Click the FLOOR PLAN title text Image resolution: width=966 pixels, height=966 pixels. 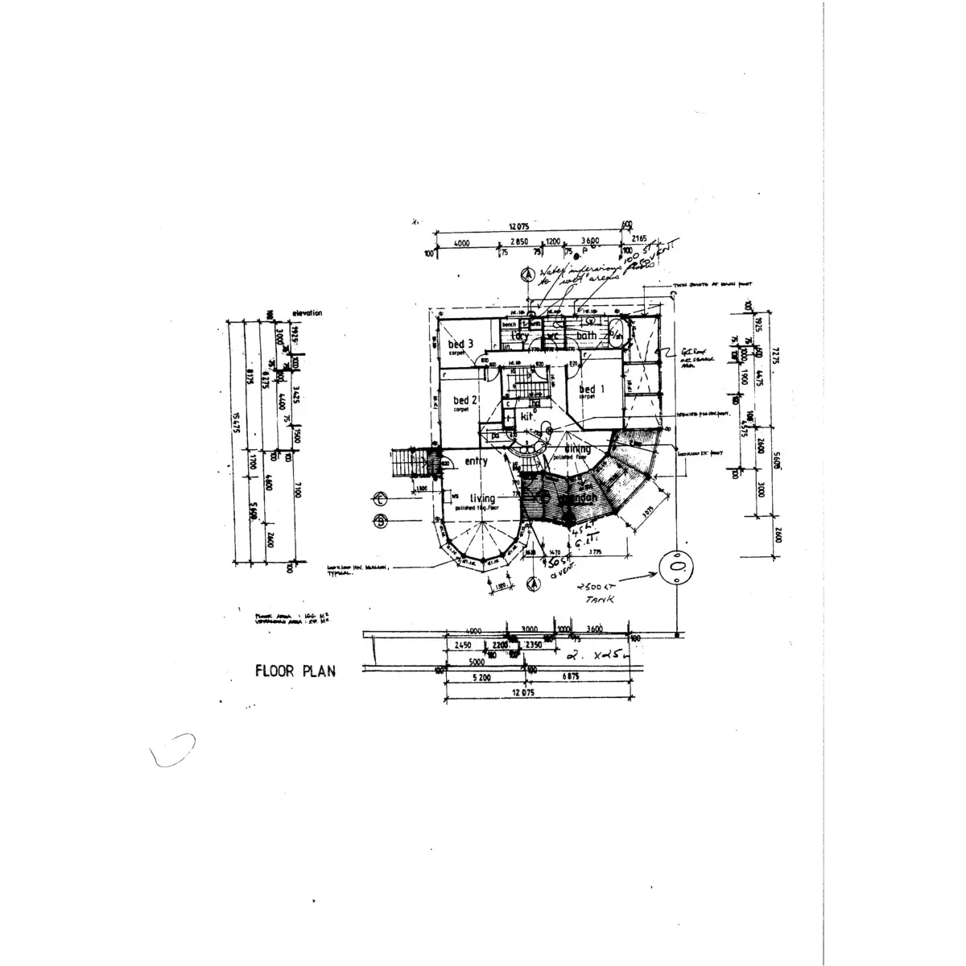pos(295,671)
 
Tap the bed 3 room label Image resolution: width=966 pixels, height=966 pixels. pos(459,345)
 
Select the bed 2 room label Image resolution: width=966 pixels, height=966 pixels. pos(464,400)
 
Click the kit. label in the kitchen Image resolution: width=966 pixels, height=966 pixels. pos(528,417)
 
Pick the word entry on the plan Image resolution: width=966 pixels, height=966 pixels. pos(476,461)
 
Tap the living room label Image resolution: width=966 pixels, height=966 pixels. pos(482,499)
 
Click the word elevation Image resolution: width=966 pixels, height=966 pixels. pos(307,312)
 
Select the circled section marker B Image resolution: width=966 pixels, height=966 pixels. pos(382,521)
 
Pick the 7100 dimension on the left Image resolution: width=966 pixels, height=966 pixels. pos(297,491)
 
